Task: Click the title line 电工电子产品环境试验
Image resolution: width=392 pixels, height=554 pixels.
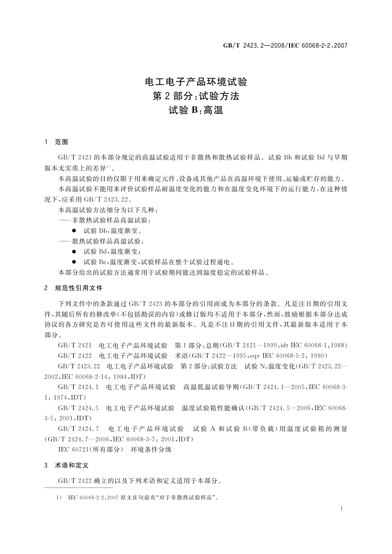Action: tap(196, 82)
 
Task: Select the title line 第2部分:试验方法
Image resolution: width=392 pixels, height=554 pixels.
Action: tap(196, 96)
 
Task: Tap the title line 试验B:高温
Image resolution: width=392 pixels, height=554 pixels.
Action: tap(196, 110)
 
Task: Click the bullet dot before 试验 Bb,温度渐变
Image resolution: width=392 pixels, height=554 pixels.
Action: tap(74, 231)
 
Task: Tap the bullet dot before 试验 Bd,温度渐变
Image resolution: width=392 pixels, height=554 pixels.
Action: tap(74, 252)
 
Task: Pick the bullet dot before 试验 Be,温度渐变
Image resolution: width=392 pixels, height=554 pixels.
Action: tap(74, 262)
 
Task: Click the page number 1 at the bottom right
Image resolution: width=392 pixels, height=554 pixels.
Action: tap(342, 509)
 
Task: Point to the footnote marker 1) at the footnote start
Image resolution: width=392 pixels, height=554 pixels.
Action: tap(60, 498)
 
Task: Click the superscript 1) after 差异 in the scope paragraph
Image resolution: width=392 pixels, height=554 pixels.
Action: tap(108, 167)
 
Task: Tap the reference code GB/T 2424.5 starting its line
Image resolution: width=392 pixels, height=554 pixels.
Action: tap(78, 408)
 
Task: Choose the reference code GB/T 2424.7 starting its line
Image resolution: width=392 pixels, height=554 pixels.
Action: tap(78, 429)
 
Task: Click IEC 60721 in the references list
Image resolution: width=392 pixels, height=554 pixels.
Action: tap(72, 449)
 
